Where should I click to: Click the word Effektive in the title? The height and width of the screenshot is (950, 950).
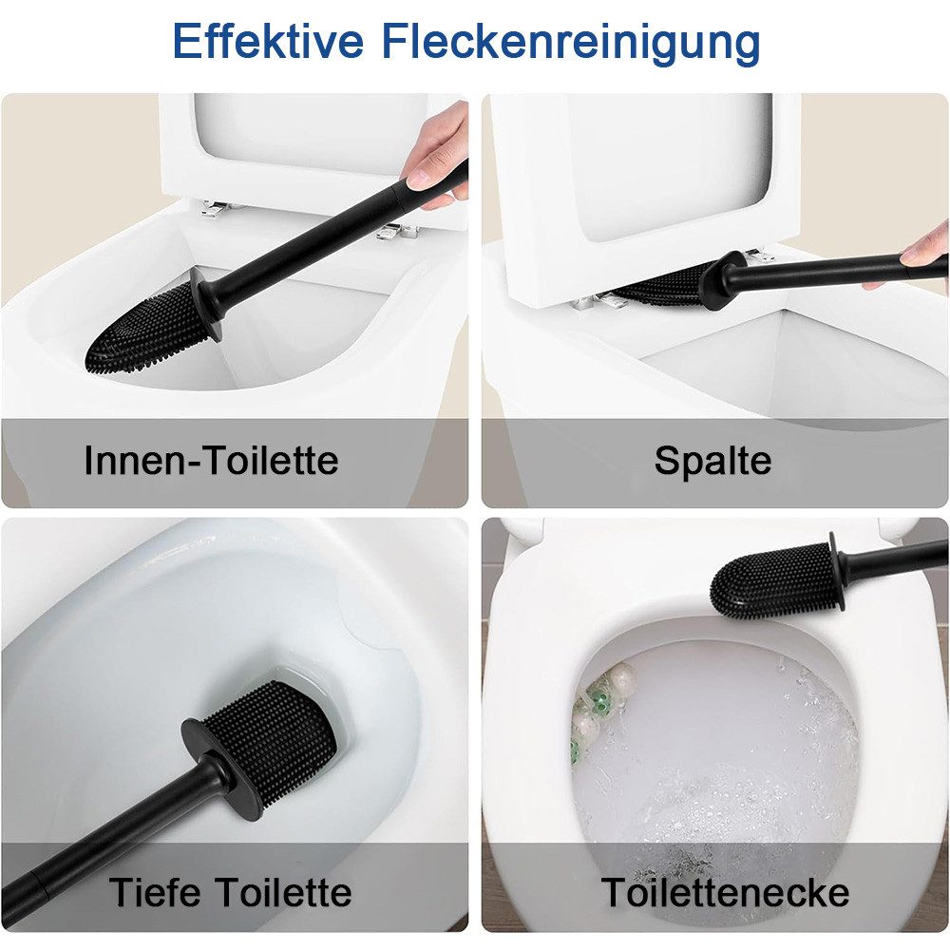(x=269, y=43)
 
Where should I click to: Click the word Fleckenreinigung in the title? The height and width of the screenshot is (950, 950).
(x=572, y=43)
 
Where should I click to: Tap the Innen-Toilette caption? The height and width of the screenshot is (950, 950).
(x=211, y=461)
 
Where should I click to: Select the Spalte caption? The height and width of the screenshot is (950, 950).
(x=712, y=461)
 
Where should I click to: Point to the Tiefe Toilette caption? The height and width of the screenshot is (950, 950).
(x=231, y=893)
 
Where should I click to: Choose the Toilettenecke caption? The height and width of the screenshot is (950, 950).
(x=726, y=893)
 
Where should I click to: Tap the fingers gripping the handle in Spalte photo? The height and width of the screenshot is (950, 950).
(x=926, y=252)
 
